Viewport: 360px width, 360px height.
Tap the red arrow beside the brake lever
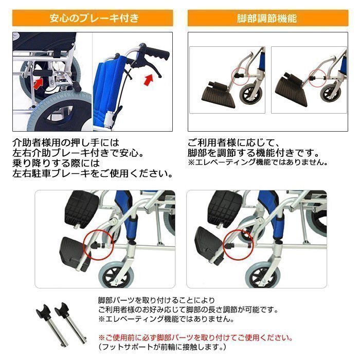[x=149, y=80]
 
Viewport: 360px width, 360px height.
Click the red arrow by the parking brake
[x=39, y=83]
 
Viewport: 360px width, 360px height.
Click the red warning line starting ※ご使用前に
[x=195, y=338]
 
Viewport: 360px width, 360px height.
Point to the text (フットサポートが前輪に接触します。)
[x=162, y=347]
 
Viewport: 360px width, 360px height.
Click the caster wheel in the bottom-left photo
[x=116, y=275]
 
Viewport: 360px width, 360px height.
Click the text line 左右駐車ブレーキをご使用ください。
[x=93, y=174]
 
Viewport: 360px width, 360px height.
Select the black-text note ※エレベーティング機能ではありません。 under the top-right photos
[x=258, y=162]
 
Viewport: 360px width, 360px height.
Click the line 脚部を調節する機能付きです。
[x=254, y=153]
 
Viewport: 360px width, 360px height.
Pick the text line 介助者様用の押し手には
[x=66, y=142]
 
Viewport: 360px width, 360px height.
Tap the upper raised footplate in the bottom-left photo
[x=82, y=208]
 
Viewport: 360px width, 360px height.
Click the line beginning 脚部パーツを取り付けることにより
[x=156, y=300]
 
